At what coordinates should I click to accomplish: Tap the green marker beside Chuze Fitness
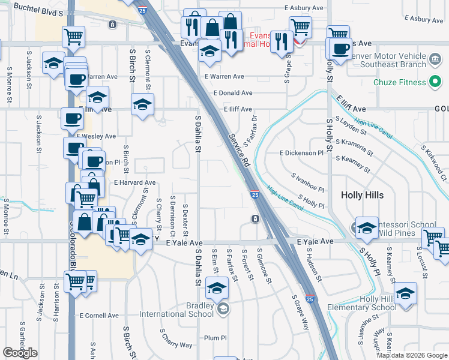[x=435, y=82]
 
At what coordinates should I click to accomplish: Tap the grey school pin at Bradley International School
[x=223, y=309]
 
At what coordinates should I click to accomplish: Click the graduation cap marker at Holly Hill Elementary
[x=406, y=293]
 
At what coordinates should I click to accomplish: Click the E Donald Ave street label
[x=233, y=93]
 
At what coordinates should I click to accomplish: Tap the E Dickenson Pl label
[x=301, y=153]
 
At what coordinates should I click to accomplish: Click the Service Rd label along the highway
[x=238, y=150]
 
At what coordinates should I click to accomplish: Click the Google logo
[x=20, y=353]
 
